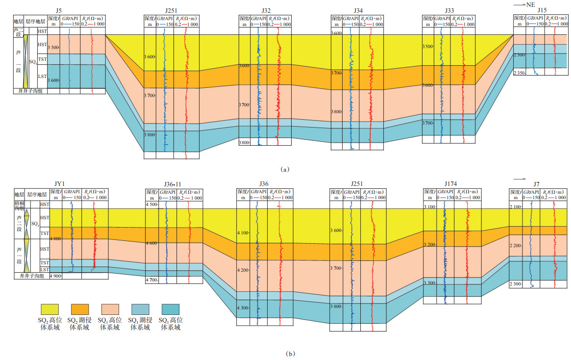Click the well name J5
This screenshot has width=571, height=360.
(59, 10)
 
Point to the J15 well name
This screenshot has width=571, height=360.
(541, 10)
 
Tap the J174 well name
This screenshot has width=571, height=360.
(450, 184)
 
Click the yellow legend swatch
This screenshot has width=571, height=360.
(50, 309)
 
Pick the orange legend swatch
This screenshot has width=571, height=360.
(80, 309)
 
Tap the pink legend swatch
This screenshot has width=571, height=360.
(111, 309)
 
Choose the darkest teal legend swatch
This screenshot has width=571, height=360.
(170, 309)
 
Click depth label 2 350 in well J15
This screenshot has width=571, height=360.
(519, 73)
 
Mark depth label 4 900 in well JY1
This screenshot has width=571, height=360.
(54, 276)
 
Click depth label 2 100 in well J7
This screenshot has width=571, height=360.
(516, 207)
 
